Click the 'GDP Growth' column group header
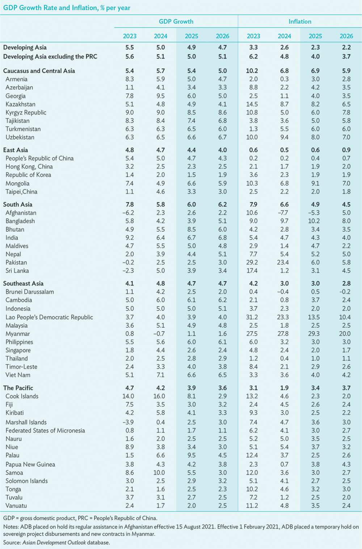click(x=176, y=22)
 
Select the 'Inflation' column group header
click(x=300, y=22)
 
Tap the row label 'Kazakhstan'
click(x=20, y=104)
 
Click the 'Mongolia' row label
click(x=17, y=183)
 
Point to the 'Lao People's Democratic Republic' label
click(x=49, y=317)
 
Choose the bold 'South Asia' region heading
click(x=18, y=204)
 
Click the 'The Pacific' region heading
click(x=18, y=388)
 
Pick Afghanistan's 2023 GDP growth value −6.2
click(x=128, y=213)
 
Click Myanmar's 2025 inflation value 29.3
click(x=314, y=333)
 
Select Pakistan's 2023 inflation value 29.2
click(x=252, y=262)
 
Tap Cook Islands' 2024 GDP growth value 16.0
click(x=159, y=396)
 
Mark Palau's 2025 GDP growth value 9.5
click(x=191, y=455)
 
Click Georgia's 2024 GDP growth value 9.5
click(x=161, y=96)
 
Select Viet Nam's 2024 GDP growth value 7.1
click(x=161, y=375)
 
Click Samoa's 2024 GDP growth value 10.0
click(x=159, y=473)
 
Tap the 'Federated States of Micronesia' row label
click(x=45, y=431)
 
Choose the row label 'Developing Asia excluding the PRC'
click(x=50, y=57)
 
